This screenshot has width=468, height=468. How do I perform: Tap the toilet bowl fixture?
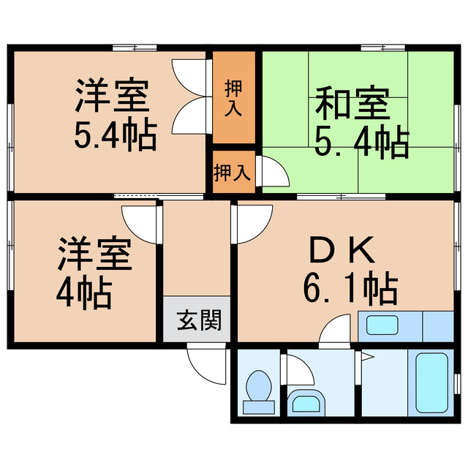pyautogui.click(x=257, y=388)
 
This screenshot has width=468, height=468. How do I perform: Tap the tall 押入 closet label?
pyautogui.click(x=234, y=99)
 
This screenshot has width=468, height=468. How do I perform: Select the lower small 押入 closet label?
pyautogui.click(x=233, y=173)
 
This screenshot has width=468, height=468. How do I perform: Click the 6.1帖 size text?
pyautogui.click(x=350, y=289)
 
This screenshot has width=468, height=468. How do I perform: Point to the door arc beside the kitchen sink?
pyautogui.click(x=338, y=329)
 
